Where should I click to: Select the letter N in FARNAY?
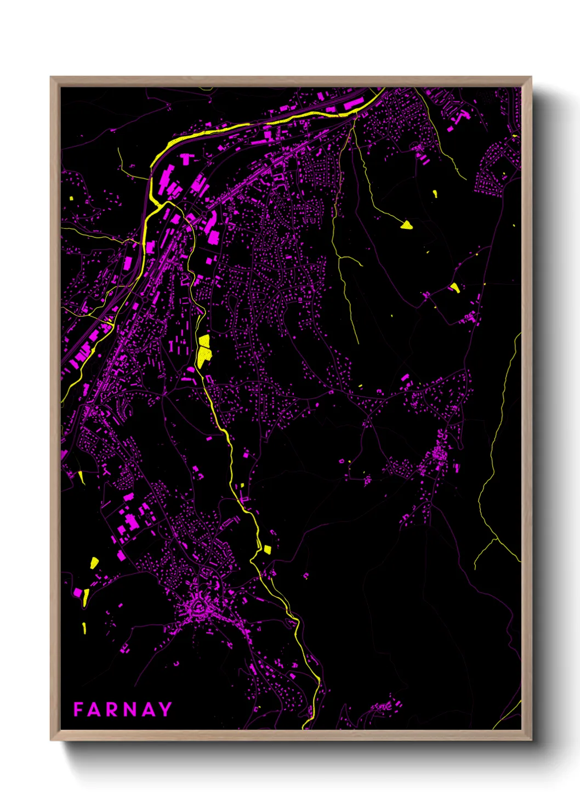[130, 709]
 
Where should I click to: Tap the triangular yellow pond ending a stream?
[406, 224]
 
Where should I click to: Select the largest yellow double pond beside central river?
[204, 351]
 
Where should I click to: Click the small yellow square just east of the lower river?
[267, 549]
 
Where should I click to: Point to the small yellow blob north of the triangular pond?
[435, 193]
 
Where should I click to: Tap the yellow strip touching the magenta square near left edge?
[86, 596]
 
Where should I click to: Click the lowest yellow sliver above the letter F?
[84, 627]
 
